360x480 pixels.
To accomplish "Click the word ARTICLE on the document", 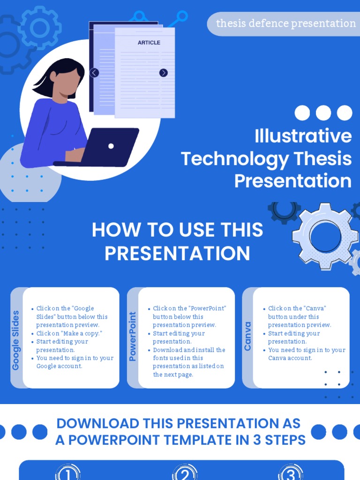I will [149, 43].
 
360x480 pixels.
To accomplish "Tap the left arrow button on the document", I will [94, 73].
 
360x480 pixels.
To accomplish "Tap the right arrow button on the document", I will [163, 73].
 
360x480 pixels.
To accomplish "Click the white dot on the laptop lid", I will [111, 146].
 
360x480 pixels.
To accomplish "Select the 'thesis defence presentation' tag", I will [285, 23].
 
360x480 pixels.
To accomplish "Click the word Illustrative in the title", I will [303, 136].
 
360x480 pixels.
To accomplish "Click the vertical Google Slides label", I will [16, 340].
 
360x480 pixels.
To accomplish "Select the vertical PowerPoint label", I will [132, 337].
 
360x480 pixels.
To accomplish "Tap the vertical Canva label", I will [247, 337].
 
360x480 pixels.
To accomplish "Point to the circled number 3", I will [291, 473].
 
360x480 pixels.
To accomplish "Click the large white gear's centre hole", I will [325, 236].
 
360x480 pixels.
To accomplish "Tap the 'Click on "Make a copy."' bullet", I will [69, 333].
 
